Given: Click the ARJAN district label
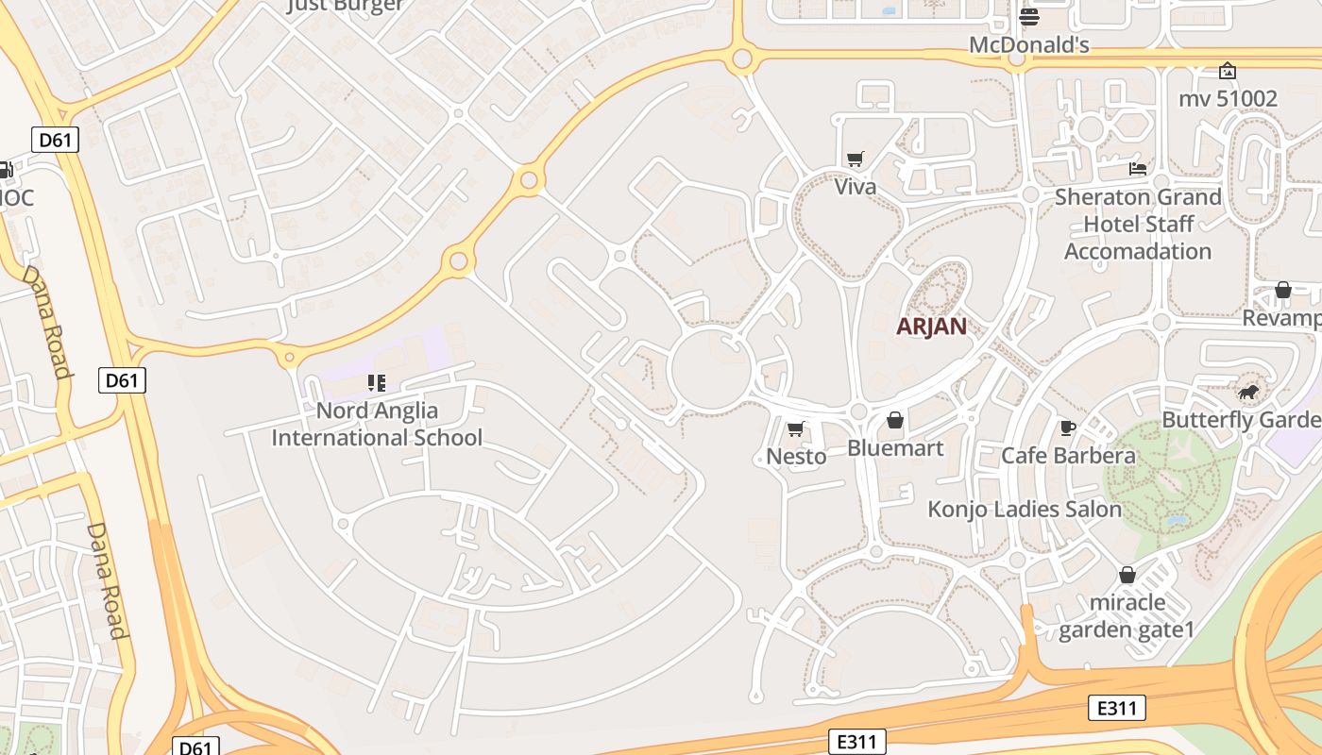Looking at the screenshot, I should [931, 327].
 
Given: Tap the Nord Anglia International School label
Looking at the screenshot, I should [377, 425].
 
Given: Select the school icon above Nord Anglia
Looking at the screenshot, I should [377, 383].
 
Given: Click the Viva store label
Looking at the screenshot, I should [856, 187].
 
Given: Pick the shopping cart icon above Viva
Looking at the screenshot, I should [856, 159].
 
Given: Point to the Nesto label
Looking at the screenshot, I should [796, 457].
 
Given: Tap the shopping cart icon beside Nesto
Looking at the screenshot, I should [796, 429].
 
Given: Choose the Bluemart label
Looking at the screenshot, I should [895, 447].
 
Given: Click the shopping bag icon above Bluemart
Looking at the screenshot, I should [895, 420].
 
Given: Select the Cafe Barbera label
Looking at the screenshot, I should [1068, 456].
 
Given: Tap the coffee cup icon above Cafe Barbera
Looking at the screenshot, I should [1068, 428].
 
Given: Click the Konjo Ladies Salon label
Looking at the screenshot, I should [1025, 510].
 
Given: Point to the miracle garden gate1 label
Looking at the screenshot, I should [1127, 615].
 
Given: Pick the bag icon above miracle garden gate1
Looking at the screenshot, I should [1127, 575].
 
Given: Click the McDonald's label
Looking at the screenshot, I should [1029, 44].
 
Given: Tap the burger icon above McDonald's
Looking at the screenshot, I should [1029, 17].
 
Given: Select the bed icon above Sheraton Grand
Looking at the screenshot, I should [1138, 169].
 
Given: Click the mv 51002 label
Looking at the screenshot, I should [1228, 98].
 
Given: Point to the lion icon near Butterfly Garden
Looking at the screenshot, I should [1248, 392].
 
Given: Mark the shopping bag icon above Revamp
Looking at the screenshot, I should [1282, 290].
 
